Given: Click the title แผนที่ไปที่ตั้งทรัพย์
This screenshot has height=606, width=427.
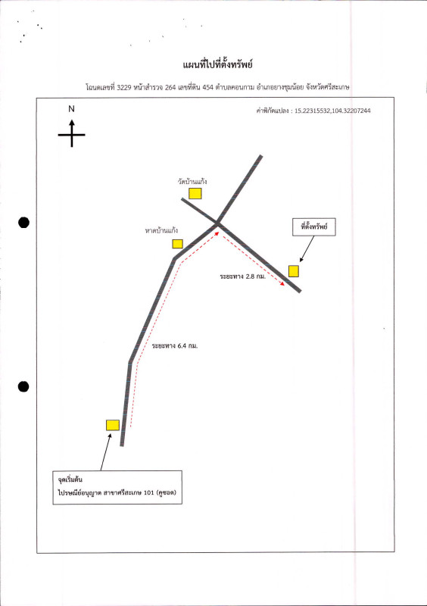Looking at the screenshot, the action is click(x=217, y=64).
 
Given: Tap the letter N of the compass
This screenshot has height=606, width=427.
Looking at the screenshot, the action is click(x=71, y=109).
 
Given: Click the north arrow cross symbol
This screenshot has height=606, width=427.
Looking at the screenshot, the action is click(x=71, y=134).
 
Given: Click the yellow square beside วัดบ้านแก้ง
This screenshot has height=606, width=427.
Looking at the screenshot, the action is click(x=195, y=194).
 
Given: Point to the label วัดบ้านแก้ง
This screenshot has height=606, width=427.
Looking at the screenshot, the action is click(x=192, y=181).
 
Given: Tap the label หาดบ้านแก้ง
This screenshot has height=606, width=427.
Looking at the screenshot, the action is click(x=161, y=231).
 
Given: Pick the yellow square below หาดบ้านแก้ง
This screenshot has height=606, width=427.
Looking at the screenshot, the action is click(x=177, y=244).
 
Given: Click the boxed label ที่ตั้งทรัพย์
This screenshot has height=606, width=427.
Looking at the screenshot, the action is click(x=313, y=226).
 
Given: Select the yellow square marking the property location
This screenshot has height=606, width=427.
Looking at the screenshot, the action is click(x=294, y=271).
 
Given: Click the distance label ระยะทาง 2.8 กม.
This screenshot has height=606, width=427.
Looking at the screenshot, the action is click(x=243, y=276).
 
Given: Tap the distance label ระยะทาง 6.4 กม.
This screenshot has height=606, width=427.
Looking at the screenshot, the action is click(x=175, y=346).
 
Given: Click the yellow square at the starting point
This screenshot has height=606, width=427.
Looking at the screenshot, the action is click(x=113, y=425).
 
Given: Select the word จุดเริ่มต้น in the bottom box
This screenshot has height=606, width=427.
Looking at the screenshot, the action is click(x=70, y=480).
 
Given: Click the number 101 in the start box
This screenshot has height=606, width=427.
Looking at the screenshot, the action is click(x=149, y=493).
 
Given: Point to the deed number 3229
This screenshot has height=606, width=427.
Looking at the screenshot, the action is click(x=124, y=87).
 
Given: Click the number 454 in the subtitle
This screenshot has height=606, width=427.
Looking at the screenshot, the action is click(x=207, y=87).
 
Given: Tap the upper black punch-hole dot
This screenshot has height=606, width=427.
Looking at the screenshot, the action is click(x=24, y=223).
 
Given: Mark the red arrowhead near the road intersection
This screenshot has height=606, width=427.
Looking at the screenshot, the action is click(x=217, y=233).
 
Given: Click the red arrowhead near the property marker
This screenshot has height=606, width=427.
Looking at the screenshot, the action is click(x=282, y=283).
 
